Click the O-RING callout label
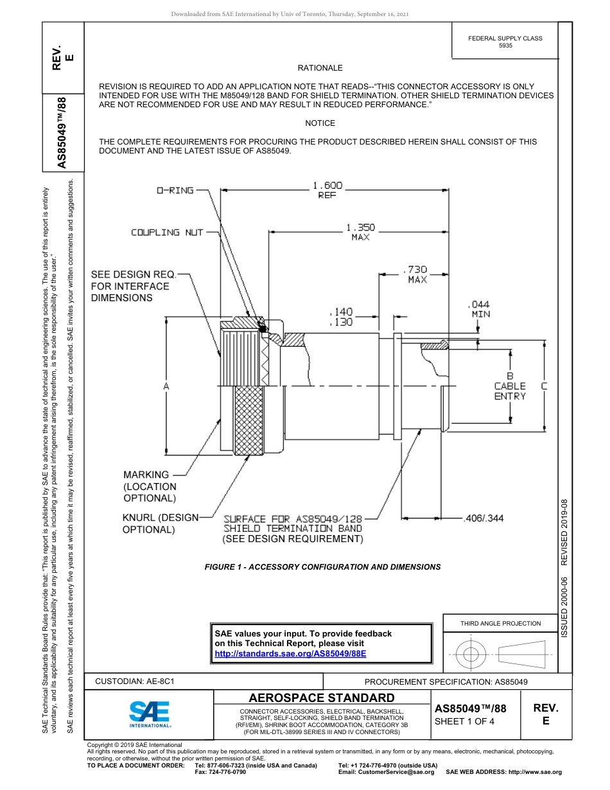[175, 191]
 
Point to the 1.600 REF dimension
[327, 190]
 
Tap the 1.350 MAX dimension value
[360, 232]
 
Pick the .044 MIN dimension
[480, 309]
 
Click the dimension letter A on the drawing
[166, 386]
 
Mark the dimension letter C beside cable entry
[544, 386]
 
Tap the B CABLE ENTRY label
[510, 386]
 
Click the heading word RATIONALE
[320, 68]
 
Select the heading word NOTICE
[320, 123]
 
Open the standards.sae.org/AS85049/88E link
[290, 654]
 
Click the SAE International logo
[150, 713]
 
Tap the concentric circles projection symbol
[471, 654]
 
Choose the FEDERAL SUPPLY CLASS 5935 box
[505, 42]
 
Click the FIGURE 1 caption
[322, 567]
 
